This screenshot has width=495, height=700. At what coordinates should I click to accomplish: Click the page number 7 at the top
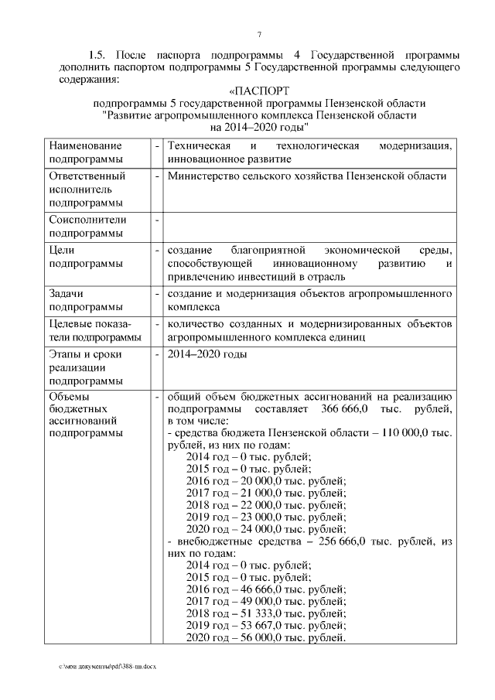259,34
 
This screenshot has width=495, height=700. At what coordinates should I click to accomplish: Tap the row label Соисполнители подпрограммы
87,226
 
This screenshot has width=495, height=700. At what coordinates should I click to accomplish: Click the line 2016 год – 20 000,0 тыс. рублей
266,480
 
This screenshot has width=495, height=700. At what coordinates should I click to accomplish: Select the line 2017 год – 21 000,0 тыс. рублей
266,493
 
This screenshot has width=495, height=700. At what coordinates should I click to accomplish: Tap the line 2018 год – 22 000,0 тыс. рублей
266,505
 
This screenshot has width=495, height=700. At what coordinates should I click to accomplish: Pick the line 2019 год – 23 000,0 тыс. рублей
266,517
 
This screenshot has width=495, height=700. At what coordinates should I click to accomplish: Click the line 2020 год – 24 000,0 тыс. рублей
266,530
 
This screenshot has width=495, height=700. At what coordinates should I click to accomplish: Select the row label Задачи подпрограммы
87,300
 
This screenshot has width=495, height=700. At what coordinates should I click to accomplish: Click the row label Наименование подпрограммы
87,152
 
